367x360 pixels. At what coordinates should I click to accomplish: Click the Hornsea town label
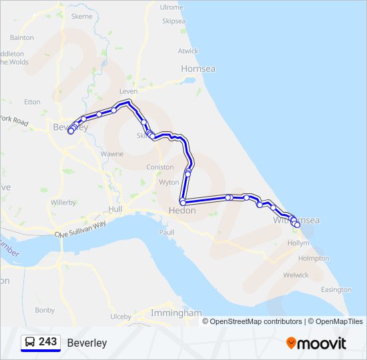pos(198,68)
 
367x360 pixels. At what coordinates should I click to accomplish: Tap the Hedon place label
pos(182,211)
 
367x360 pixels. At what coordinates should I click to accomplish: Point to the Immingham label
pos(176,313)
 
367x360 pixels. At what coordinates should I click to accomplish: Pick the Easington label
pos(336,290)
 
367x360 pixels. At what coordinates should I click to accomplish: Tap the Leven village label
pos(127,91)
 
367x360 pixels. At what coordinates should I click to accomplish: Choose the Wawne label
pos(111,154)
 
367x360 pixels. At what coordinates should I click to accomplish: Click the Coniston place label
pos(159,167)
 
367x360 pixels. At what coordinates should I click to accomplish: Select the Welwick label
pos(296,275)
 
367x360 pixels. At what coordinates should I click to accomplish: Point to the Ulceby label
pos(121,317)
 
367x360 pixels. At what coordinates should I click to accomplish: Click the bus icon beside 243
pos(30,342)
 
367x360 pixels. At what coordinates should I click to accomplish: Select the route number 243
pos(48,341)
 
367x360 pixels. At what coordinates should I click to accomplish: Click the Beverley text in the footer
pos(87,343)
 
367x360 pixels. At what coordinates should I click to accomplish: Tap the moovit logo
pos(316,343)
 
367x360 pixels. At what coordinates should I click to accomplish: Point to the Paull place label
pos(167,232)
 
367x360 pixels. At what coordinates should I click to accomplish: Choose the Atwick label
pos(188,51)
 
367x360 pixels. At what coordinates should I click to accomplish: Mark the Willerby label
pos(63,202)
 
